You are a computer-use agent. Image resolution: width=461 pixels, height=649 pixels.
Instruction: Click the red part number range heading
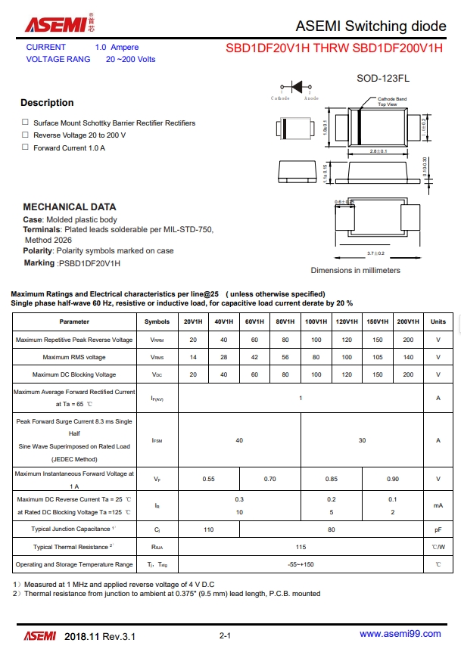point(334,48)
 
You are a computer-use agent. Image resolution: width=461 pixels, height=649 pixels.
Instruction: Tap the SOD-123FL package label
point(382,79)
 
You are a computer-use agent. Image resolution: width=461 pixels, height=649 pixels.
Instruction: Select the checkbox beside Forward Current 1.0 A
point(25,147)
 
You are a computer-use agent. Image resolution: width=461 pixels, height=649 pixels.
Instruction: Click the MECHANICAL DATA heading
point(70,206)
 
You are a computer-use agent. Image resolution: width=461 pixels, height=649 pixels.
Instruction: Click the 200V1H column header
point(408,321)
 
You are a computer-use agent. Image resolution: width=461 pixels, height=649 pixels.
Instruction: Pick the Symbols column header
point(157,321)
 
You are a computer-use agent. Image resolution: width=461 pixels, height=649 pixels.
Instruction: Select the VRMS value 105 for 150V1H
point(377,357)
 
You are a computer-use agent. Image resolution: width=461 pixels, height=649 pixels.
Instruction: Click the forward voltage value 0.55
point(208,479)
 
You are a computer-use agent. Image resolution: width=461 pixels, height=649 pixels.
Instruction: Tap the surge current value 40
point(239,439)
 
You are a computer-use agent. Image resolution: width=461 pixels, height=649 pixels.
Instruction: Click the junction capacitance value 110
point(208,529)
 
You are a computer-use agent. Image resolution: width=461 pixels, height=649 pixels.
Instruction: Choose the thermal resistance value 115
point(301,546)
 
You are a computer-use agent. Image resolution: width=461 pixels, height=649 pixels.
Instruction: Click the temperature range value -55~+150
point(301,564)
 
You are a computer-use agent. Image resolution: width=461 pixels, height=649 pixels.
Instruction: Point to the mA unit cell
point(438,505)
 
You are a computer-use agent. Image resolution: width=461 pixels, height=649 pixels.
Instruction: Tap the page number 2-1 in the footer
point(225,635)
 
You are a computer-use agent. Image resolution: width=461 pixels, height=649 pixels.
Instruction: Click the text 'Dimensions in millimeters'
point(355,270)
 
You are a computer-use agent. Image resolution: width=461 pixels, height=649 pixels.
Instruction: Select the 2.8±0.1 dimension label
point(378,152)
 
